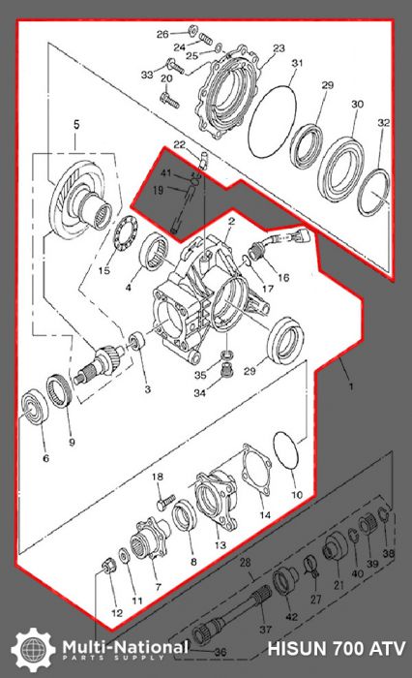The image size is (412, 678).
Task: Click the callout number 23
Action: (x=280, y=47)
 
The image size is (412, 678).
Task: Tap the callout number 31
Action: (x=298, y=64)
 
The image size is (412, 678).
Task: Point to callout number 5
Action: (x=76, y=125)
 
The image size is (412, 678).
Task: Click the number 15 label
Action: (x=103, y=270)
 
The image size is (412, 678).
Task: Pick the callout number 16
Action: (x=283, y=277)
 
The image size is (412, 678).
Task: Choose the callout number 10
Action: (x=297, y=494)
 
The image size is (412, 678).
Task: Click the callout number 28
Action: (x=245, y=562)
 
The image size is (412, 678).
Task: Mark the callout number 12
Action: (x=116, y=614)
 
